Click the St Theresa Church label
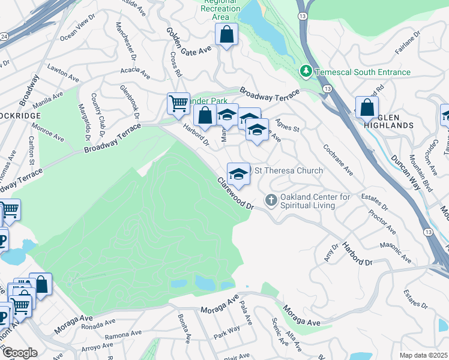[x=289, y=171]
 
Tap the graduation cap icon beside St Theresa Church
[x=238, y=174]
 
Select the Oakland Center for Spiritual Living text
[x=316, y=202]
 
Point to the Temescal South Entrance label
[x=363, y=73]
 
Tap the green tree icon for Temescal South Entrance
[x=307, y=72]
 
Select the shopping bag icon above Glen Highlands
[x=367, y=108]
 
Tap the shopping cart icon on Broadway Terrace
[x=178, y=104]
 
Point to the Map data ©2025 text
[x=424, y=355]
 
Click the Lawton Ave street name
[x=64, y=74]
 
